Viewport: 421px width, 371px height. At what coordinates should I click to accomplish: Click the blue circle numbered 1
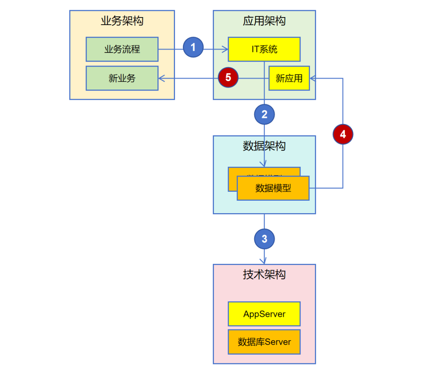tap(193, 48)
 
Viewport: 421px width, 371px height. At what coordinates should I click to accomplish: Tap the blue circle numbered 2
tap(264, 115)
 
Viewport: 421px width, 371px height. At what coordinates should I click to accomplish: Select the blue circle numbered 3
tap(264, 239)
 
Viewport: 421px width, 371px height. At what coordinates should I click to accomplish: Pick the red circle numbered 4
tap(343, 134)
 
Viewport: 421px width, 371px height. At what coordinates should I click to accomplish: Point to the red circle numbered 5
tap(228, 78)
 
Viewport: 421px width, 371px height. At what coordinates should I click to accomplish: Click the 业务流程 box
tap(122, 49)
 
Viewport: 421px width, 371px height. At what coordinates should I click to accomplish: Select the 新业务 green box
tap(122, 78)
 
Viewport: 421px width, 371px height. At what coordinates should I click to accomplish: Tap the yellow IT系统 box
tap(264, 49)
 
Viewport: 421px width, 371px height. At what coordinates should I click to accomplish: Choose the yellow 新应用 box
tap(289, 78)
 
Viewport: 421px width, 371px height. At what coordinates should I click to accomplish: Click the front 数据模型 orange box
tap(273, 188)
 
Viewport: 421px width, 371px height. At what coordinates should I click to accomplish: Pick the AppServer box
tap(264, 314)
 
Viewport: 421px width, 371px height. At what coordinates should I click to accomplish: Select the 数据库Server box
tap(264, 342)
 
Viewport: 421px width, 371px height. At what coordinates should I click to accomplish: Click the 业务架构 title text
tap(122, 21)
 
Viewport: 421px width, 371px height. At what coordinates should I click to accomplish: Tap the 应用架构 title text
tap(264, 21)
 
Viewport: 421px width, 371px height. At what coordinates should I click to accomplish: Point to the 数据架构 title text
tap(264, 146)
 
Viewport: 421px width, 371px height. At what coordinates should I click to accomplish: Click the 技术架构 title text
tap(264, 274)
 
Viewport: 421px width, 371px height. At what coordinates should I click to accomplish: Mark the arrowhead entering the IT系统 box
tap(225, 49)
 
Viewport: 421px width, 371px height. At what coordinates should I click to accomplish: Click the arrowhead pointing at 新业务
tap(161, 78)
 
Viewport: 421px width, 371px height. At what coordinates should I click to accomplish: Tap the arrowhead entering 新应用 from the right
tap(312, 78)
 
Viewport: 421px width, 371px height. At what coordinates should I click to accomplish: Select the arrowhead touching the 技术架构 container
tap(264, 261)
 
